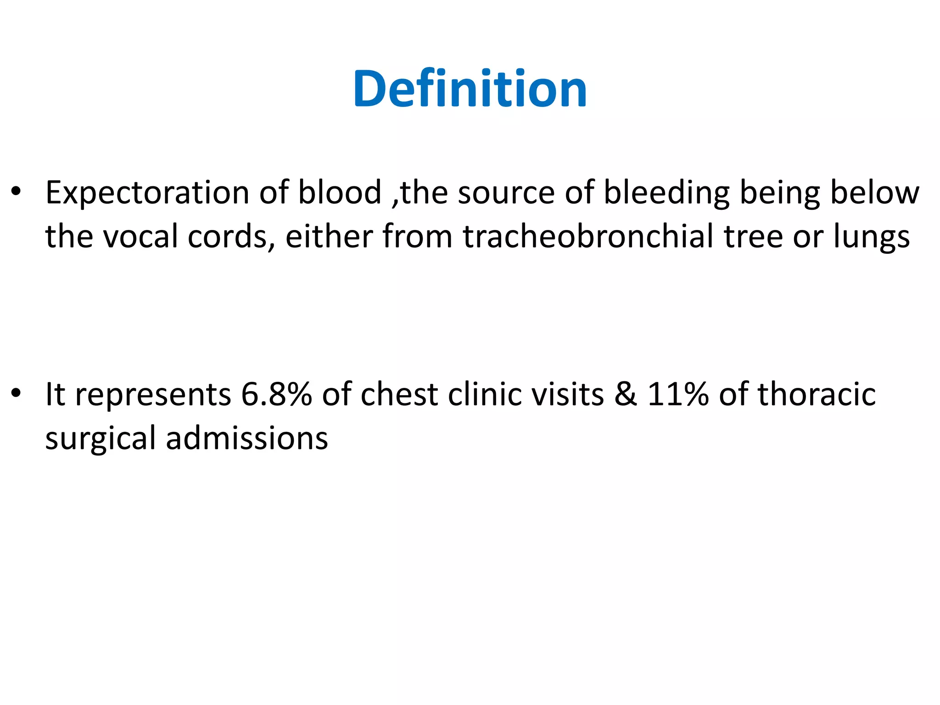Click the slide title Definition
click(470, 89)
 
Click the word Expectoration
click(147, 193)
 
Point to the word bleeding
click(666, 193)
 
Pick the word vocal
click(140, 236)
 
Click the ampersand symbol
click(626, 394)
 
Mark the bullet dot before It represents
click(17, 393)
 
